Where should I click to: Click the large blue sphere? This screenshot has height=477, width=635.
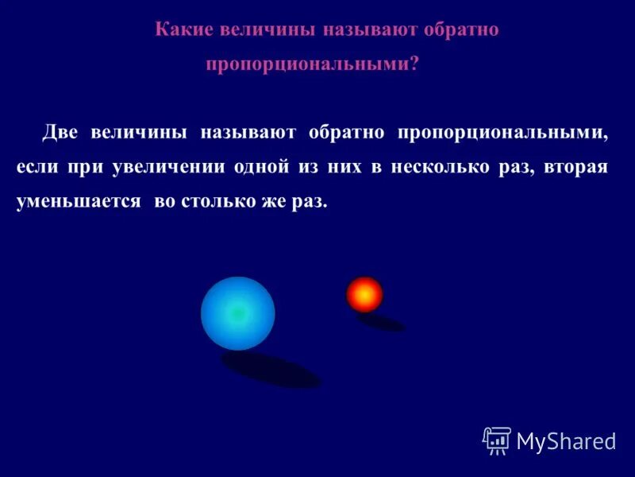[237, 313]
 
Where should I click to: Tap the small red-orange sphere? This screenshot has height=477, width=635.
[364, 294]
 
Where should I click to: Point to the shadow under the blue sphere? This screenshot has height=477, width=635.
[270, 370]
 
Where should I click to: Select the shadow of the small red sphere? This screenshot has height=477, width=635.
[381, 322]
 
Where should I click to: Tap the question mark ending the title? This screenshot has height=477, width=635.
[414, 65]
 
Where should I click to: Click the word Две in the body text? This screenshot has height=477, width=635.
[60, 133]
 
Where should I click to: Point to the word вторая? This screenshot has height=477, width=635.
[577, 167]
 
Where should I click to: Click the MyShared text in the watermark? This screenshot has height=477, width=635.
[566, 441]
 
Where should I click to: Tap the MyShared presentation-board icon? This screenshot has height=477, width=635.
[496, 440]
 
